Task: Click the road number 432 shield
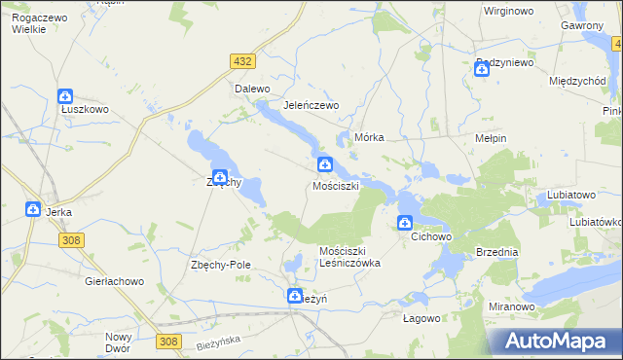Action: tap(243, 61)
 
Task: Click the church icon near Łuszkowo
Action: tap(65, 97)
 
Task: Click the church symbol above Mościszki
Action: tap(324, 165)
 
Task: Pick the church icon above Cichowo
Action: tap(405, 224)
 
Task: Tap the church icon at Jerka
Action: tap(32, 210)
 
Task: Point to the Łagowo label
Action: tap(422, 317)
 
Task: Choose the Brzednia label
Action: tap(497, 251)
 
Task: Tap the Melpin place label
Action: tap(490, 138)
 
